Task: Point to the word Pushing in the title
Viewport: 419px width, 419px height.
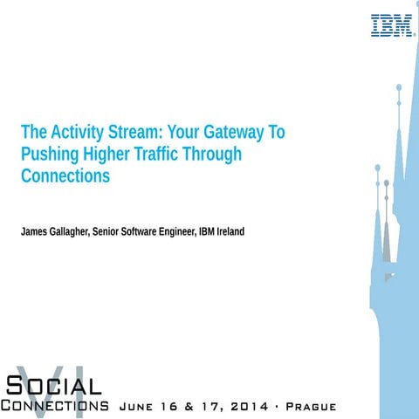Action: [48, 155]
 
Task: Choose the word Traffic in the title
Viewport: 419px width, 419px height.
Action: [162, 155]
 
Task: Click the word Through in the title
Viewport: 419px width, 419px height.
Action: [216, 155]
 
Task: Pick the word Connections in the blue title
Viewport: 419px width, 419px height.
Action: [65, 176]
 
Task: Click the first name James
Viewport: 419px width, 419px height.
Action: [37, 231]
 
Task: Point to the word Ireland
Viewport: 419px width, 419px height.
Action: [230, 231]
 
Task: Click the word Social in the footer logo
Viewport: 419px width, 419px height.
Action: [54, 384]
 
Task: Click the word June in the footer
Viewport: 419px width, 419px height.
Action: [134, 407]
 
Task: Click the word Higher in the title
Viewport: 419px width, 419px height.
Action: [111, 155]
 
